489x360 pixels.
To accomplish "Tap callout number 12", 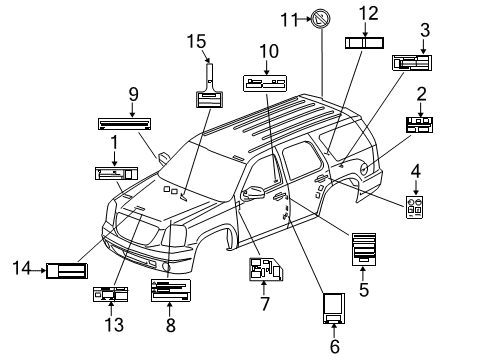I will pyautogui.click(x=368, y=13).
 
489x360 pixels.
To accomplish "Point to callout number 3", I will pyautogui.click(x=424, y=30).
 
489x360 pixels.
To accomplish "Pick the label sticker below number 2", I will pyautogui.click(x=420, y=124).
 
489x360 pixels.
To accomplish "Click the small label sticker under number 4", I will pyautogui.click(x=414, y=207).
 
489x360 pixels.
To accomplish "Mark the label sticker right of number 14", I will pyautogui.click(x=67, y=269).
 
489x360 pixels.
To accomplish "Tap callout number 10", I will pyautogui.click(x=268, y=51).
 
